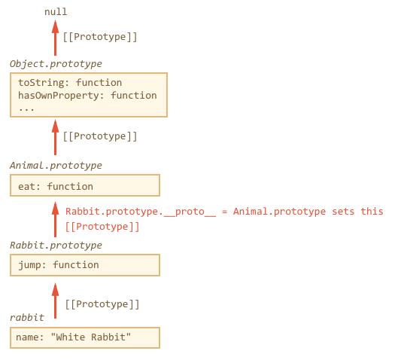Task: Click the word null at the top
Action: pos(56,12)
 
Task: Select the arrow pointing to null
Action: pos(56,38)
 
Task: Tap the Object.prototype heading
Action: pos(56,64)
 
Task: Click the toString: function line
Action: pos(70,83)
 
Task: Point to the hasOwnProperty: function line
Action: pos(87,95)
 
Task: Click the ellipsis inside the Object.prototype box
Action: pos(26,109)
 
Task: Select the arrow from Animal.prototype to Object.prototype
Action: pos(56,137)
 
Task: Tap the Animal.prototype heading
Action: pos(56,166)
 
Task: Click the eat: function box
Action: pos(85,185)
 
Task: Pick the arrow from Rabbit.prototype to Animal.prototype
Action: pos(56,219)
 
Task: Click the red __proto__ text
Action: pos(190,212)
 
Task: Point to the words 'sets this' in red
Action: pos(357,212)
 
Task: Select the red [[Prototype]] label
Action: pos(102,227)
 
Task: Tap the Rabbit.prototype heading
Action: pos(56,246)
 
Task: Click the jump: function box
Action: pos(85,265)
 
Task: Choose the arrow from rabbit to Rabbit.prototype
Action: pos(56,301)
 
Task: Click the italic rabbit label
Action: pos(27,318)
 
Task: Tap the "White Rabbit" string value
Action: pos(91,337)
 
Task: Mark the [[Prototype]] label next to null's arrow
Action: pos(100,37)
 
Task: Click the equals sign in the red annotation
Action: pos(224,212)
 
